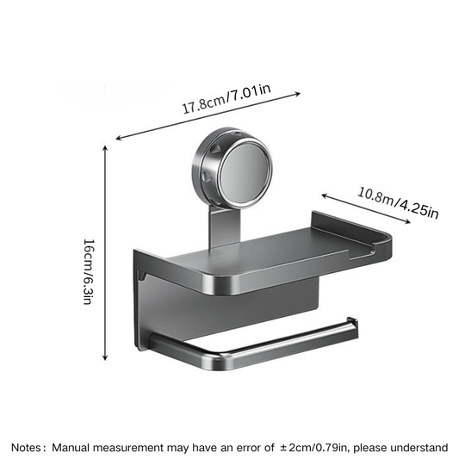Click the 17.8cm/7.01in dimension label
click(226, 99)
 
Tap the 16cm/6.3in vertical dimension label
click(89, 272)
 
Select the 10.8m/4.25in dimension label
click(398, 202)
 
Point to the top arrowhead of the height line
click(105, 147)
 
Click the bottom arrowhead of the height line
click(105, 357)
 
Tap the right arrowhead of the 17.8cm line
click(297, 94)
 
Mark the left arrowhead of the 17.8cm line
click(118, 138)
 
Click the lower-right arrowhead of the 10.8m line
click(406, 221)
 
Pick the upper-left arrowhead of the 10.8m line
click(325, 195)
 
